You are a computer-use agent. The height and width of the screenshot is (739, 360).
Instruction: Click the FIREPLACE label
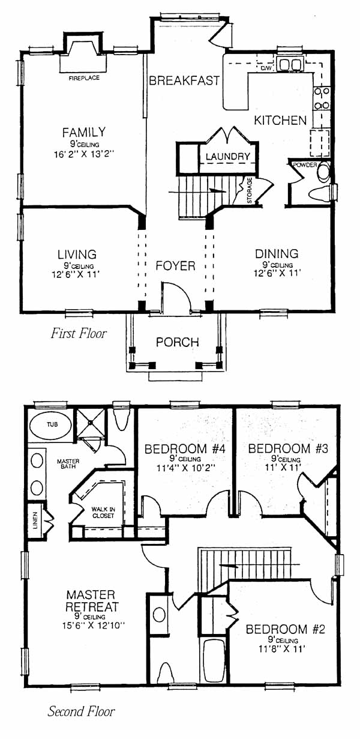[84, 78]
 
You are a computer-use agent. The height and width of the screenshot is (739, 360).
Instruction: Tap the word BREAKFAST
[184, 80]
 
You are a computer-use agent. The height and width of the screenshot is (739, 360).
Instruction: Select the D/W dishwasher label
[265, 68]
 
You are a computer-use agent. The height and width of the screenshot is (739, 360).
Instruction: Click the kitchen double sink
[290, 64]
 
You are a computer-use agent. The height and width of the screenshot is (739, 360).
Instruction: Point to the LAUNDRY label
[228, 156]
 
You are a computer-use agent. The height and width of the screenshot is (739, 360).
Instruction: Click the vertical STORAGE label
[250, 190]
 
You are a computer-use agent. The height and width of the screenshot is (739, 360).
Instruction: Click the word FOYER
[175, 265]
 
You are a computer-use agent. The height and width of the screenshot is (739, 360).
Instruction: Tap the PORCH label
[178, 342]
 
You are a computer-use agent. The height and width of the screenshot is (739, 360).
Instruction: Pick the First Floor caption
[79, 333]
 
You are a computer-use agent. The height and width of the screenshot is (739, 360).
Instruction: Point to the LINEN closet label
[35, 520]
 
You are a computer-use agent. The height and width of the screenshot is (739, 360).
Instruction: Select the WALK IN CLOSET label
[103, 512]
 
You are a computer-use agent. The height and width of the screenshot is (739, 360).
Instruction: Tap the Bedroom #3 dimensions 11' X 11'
[283, 467]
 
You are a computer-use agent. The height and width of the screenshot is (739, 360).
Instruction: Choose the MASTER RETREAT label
[91, 601]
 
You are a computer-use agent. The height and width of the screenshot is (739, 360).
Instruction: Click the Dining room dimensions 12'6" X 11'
[277, 273]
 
